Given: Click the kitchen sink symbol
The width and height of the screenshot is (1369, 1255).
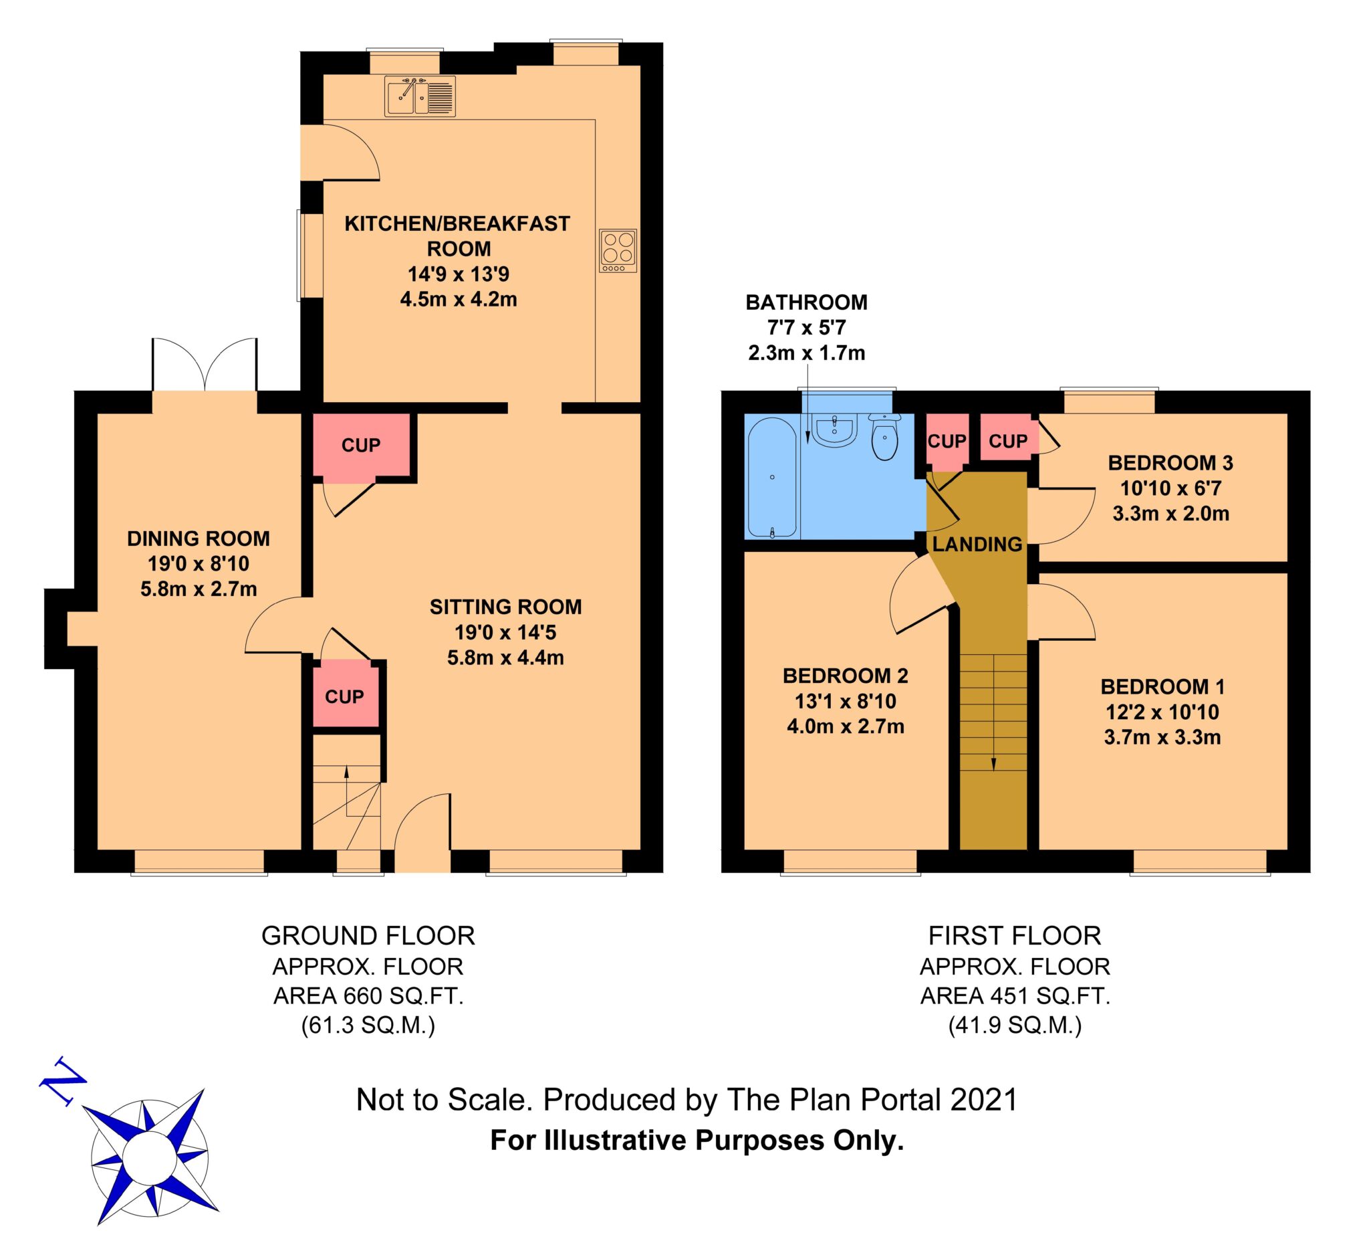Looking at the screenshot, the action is click(x=420, y=96).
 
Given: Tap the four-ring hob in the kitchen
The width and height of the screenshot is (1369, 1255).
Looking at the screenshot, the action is click(x=618, y=251).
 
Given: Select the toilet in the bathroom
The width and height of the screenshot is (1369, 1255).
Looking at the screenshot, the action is click(x=884, y=437).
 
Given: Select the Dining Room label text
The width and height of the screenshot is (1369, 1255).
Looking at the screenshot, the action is click(x=199, y=539).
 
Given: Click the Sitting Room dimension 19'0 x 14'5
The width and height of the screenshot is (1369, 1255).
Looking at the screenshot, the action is click(x=505, y=633).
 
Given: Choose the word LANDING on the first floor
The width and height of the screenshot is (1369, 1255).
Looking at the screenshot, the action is click(x=977, y=545).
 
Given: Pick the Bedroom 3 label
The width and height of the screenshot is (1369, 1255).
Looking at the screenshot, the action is click(x=1170, y=463).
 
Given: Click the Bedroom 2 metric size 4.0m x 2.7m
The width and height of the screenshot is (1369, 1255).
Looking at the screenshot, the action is click(x=846, y=727).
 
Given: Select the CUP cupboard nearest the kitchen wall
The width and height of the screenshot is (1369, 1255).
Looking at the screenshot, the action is click(x=360, y=445).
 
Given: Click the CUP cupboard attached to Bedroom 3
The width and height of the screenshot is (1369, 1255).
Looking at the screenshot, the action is click(x=1009, y=440).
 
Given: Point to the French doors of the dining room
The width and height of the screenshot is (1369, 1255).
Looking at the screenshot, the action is click(x=205, y=365).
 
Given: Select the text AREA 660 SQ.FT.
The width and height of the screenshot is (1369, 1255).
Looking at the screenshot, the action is click(x=368, y=995).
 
